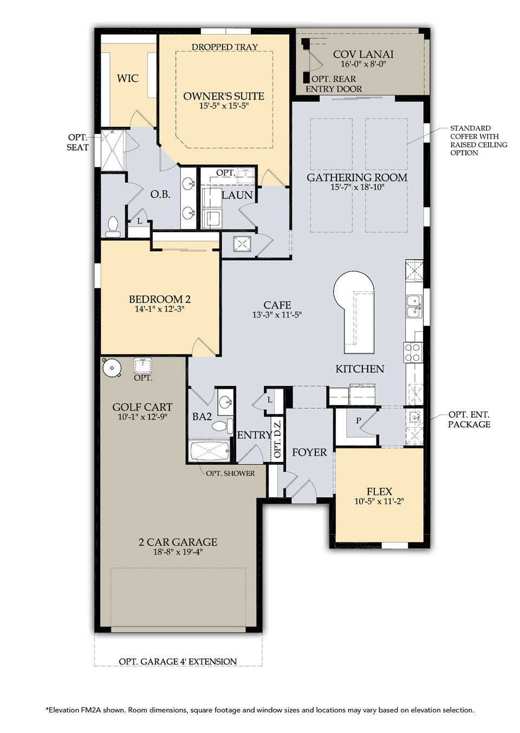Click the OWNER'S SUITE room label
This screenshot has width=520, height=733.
pyautogui.click(x=224, y=96)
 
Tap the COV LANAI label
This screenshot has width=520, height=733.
pyautogui.click(x=363, y=54)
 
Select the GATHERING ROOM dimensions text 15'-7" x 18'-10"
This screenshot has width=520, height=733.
pyautogui.click(x=357, y=187)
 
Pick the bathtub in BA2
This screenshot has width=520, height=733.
pyautogui.click(x=210, y=451)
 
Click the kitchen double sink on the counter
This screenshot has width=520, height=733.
pyautogui.click(x=414, y=306)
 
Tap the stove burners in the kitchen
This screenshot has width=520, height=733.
pyautogui.click(x=412, y=352)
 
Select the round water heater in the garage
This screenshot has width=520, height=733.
pyautogui.click(x=112, y=368)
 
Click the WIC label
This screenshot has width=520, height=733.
pyautogui.click(x=127, y=78)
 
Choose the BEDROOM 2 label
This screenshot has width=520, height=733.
pyautogui.click(x=160, y=299)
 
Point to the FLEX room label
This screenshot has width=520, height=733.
pyautogui.click(x=379, y=491)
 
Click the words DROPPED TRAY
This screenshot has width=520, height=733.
pyautogui.click(x=225, y=47)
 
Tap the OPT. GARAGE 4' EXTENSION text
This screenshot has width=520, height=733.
pyautogui.click(x=178, y=661)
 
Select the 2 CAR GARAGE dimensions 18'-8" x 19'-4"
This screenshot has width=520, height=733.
pyautogui.click(x=178, y=552)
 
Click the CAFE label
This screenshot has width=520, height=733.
pyautogui.click(x=277, y=305)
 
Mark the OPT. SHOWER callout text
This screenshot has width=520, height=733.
pyautogui.click(x=230, y=473)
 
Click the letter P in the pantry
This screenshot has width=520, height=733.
pyautogui.click(x=358, y=421)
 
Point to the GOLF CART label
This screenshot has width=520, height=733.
pyautogui.click(x=142, y=407)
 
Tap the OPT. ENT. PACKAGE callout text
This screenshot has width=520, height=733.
pyautogui.click(x=469, y=419)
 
